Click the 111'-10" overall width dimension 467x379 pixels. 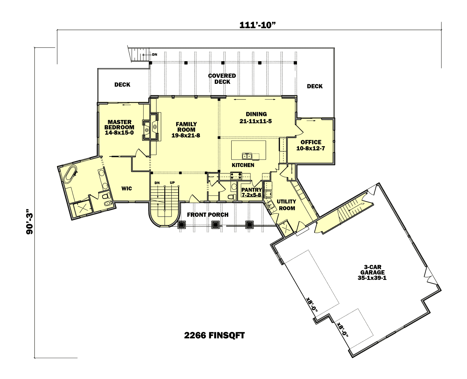pos(257,25)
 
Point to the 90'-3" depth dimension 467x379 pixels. pos(30,223)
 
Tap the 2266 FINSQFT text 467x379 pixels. pos(214,335)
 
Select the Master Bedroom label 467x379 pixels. pos(119,127)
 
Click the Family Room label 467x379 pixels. pos(186,130)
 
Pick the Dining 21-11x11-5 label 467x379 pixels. pos(256,118)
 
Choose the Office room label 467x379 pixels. pos(311,145)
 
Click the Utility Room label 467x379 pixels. pos(286,205)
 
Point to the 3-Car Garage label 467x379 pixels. pos(372,272)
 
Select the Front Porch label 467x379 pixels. pos(208,215)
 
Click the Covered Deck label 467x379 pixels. pos(222,79)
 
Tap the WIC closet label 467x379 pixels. pos(126,188)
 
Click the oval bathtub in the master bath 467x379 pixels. pos(70,174)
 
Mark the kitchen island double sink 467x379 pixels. pos(247,156)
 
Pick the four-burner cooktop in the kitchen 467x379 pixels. pos(236,175)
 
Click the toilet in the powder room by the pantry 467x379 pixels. pos(232,197)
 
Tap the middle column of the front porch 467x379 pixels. pos(215,225)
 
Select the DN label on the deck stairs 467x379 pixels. pos(154,55)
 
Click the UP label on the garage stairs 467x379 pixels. pos(363,204)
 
